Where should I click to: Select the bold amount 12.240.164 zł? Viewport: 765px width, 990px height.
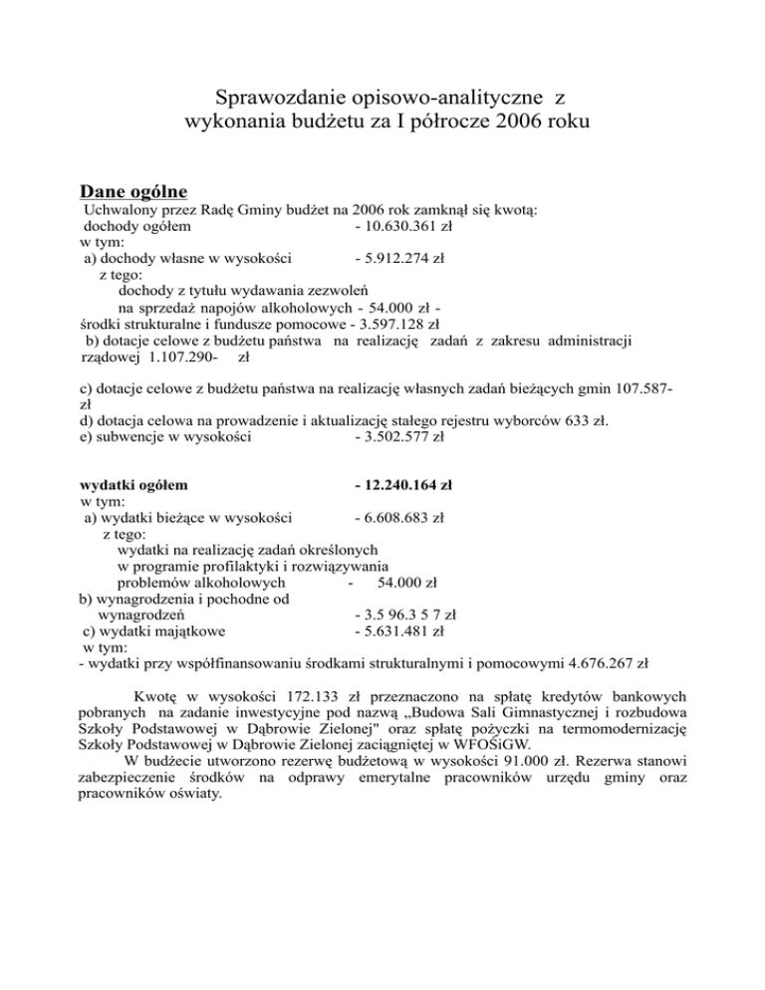(402, 486)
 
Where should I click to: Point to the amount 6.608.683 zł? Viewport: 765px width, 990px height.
(398, 518)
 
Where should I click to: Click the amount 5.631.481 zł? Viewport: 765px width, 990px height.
(398, 630)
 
